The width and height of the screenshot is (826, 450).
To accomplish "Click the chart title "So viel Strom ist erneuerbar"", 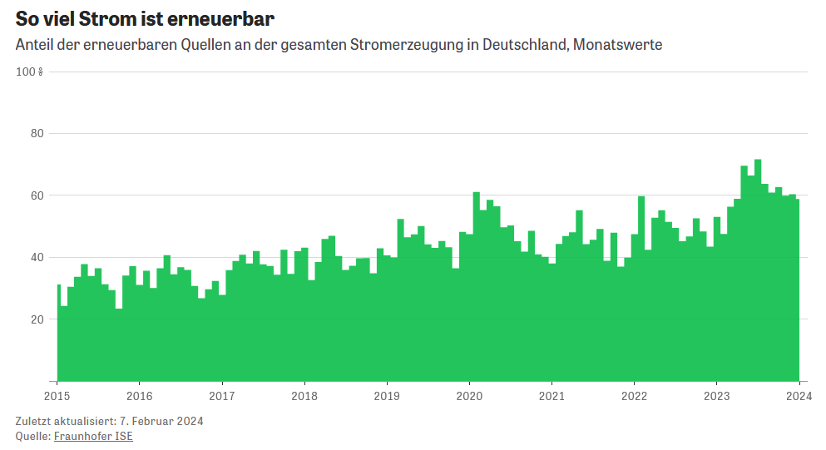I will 145,18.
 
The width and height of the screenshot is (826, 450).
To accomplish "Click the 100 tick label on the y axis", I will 28,72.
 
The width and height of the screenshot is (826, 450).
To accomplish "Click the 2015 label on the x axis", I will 57,395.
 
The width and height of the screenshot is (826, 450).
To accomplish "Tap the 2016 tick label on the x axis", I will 139,395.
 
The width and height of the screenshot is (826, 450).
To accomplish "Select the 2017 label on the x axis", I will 222,395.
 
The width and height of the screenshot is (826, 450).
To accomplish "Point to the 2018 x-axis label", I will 304,395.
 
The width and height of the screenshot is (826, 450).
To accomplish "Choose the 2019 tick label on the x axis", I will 387,395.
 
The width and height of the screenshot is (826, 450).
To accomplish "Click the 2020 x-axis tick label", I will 469,395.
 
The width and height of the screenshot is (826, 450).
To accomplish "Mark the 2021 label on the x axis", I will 551,395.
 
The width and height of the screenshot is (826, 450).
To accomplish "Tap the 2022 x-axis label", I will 634,395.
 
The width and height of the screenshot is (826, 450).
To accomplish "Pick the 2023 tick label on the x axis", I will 716,395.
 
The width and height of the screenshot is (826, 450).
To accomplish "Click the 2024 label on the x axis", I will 799,395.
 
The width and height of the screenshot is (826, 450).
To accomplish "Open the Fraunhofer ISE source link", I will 93,436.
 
